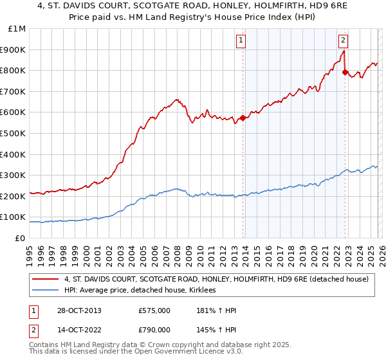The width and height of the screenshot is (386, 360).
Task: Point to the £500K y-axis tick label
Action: point(13,133)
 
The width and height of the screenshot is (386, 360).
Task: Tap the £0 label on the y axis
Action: point(20,238)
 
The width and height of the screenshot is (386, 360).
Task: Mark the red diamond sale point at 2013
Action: point(243,118)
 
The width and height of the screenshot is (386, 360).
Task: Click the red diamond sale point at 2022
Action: point(345,73)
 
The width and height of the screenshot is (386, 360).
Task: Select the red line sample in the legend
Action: point(46,279)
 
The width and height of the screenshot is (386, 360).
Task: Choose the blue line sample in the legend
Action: point(46,291)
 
